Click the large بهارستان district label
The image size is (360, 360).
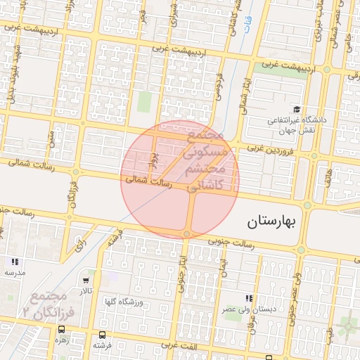(x=274, y=222)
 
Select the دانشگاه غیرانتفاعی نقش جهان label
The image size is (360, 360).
(x=295, y=126)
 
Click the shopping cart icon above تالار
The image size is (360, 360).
(x=85, y=280)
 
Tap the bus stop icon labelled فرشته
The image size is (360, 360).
(x=103, y=335)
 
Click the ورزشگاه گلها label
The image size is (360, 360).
(x=124, y=302)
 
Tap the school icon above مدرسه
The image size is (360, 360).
(x=15, y=262)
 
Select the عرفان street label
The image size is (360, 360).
(x=252, y=336)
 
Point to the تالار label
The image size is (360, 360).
(x=85, y=290)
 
